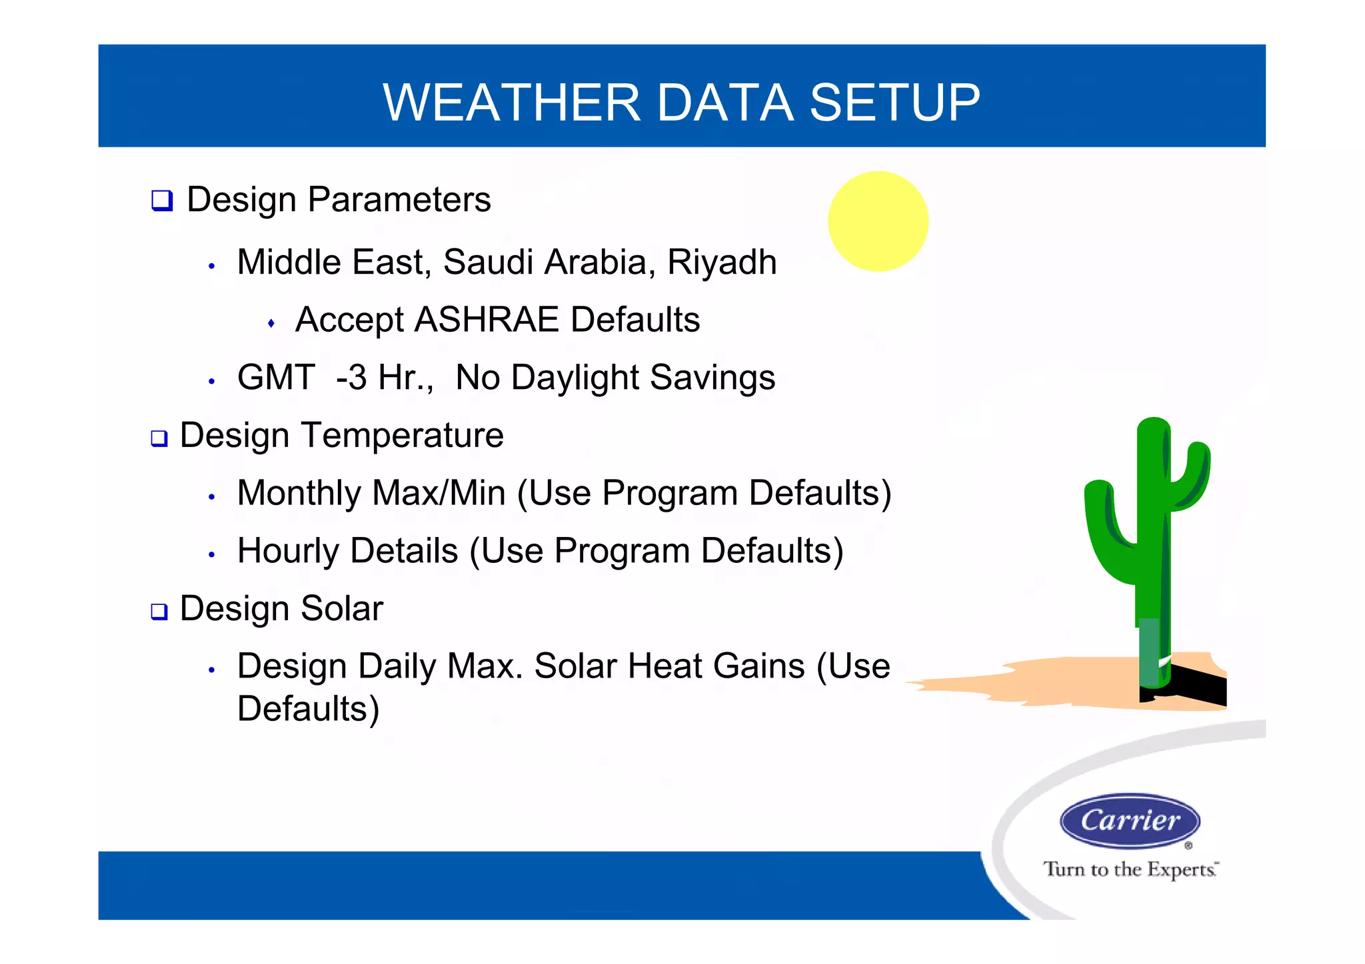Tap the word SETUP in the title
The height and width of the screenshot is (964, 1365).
click(x=894, y=103)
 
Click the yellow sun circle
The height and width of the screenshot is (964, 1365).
click(x=878, y=221)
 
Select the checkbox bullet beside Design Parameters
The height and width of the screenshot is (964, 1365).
click(x=162, y=201)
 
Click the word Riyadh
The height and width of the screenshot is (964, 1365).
click(x=722, y=262)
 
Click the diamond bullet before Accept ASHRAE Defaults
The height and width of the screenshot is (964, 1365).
click(x=271, y=324)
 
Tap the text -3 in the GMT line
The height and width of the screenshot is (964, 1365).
click(x=351, y=378)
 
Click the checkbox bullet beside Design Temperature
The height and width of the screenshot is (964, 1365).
click(x=159, y=438)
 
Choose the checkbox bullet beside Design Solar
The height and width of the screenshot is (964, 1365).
click(x=159, y=612)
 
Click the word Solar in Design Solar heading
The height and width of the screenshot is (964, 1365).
click(x=341, y=609)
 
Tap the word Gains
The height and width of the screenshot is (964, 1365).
click(x=759, y=667)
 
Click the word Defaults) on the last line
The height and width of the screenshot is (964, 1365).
click(x=309, y=709)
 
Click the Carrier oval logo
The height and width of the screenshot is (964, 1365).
click(x=1130, y=821)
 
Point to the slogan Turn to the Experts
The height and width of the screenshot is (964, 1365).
click(x=1130, y=869)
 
